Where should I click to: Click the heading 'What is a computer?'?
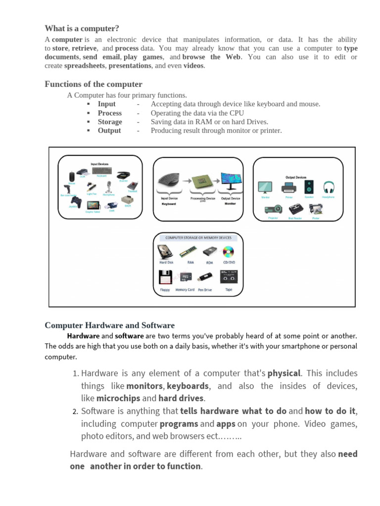point(82,28)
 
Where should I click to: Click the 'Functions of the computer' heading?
point(93,84)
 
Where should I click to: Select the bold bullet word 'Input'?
point(106,104)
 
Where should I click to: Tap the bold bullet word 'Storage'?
point(109,122)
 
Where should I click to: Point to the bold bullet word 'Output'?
point(109,130)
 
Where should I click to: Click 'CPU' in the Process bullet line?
point(237,113)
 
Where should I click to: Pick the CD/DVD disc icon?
point(228,253)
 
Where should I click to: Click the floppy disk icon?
point(165,278)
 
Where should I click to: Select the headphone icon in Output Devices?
point(329,187)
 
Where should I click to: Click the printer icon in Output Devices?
point(288,187)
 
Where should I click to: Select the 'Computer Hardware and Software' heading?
point(109,325)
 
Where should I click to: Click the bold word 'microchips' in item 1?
point(118,398)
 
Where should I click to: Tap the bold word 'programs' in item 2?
point(179,424)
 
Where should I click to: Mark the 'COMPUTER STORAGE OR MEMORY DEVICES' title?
point(198,238)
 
